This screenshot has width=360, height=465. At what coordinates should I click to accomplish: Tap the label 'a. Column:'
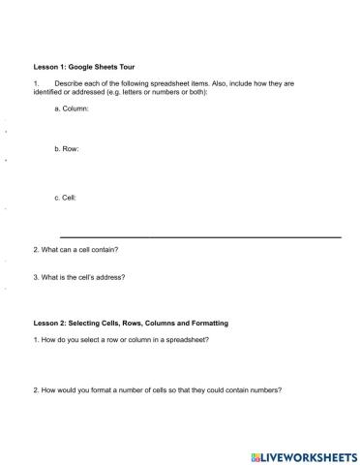pos(73,108)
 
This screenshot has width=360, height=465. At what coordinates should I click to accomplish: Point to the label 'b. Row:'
pos(67,150)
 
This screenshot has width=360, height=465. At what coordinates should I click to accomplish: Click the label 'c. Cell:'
pos(66,198)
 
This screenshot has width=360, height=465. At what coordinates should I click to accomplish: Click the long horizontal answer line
pos(200,236)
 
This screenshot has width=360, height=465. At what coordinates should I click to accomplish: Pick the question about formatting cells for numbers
pos(157,390)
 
